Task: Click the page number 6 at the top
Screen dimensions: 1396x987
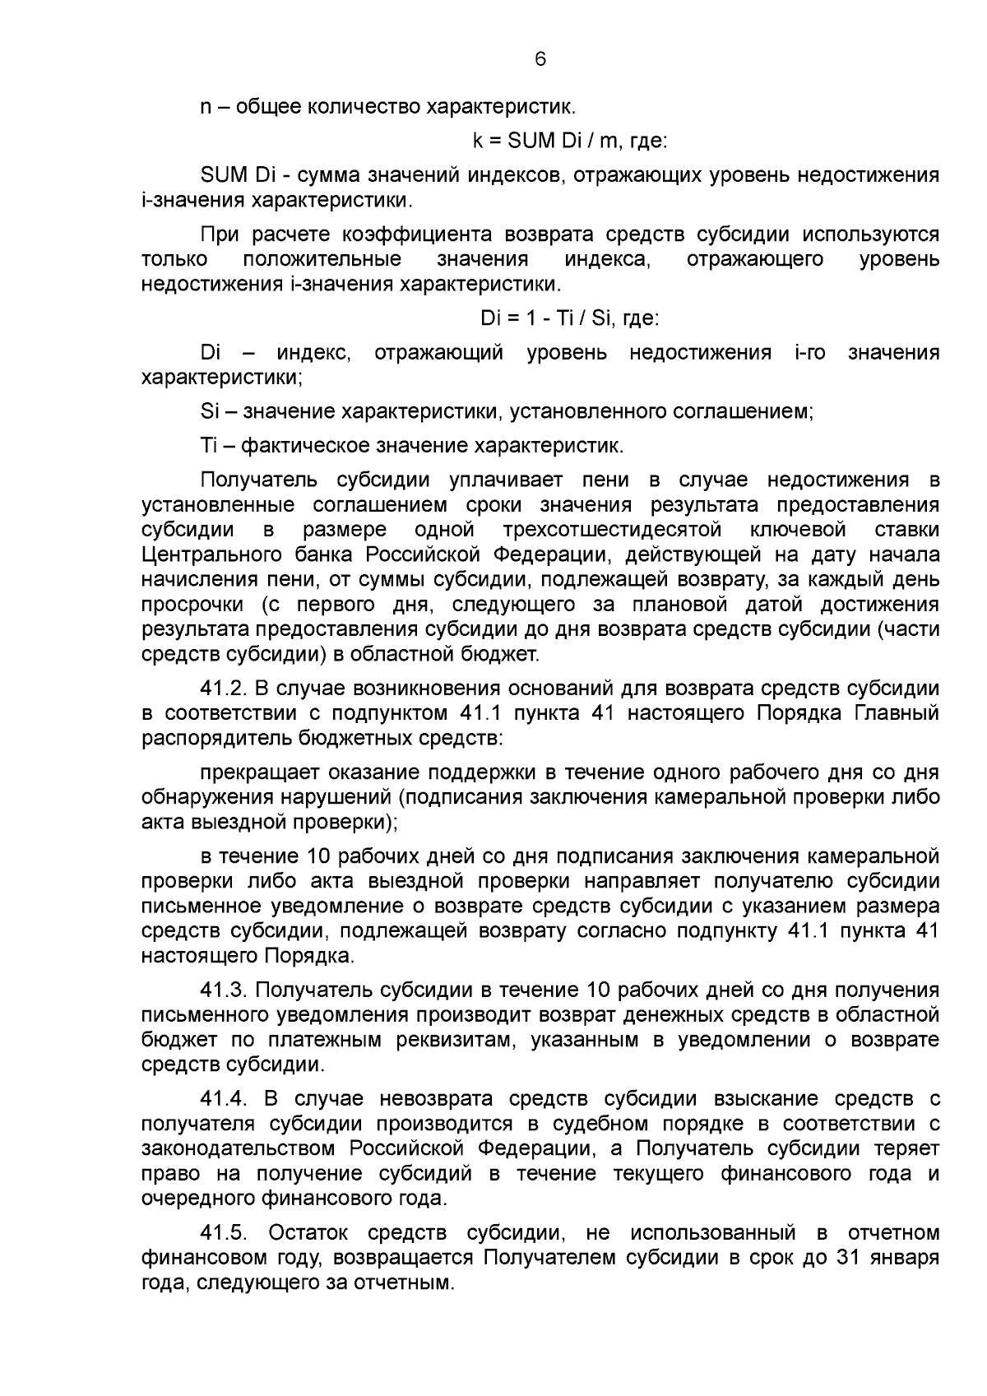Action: coord(540,59)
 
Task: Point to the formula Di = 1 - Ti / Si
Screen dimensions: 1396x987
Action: coord(569,318)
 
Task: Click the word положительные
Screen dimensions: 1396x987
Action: coord(322,260)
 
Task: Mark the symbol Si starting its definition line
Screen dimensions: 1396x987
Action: coord(209,411)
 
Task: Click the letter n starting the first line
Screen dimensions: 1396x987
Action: coord(205,107)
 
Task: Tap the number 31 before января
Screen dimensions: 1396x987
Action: coord(849,1258)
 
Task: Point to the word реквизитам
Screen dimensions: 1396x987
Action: coord(444,1040)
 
